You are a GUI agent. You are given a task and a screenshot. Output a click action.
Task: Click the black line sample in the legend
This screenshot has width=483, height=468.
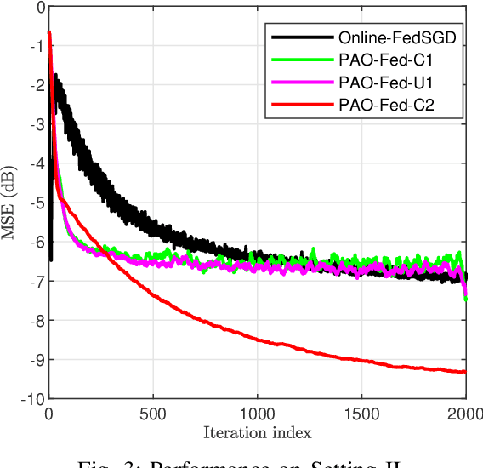click(x=301, y=37)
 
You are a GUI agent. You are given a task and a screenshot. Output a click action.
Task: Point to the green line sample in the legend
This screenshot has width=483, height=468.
click(x=301, y=60)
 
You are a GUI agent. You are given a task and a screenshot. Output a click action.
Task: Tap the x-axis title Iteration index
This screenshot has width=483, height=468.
click(x=257, y=432)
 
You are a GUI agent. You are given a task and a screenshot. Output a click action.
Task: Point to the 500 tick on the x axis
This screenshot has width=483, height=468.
click(x=153, y=414)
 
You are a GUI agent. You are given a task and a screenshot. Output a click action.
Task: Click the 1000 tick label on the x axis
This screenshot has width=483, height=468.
click(x=257, y=414)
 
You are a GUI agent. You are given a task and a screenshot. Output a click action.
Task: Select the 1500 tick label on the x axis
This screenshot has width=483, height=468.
click(x=361, y=414)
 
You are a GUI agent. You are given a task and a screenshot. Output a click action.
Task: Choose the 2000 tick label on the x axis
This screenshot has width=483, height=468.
click(x=464, y=414)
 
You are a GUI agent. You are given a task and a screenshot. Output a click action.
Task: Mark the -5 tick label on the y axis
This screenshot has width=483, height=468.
click(x=36, y=203)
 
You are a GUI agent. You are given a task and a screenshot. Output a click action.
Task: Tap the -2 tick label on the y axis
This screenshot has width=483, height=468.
click(x=36, y=86)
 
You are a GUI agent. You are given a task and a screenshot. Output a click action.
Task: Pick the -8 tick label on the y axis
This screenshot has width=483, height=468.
click(x=36, y=321)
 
